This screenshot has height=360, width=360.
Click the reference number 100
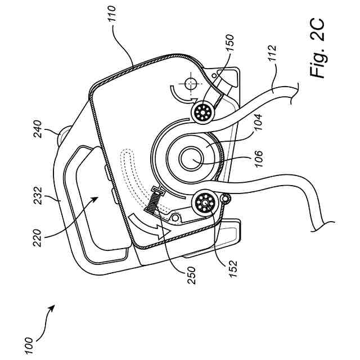tap(29, 346)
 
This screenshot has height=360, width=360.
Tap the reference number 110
tap(112, 14)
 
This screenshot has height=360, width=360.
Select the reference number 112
tap(272, 53)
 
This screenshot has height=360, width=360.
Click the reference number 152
tap(232, 269)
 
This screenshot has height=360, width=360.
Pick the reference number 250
tap(191, 275)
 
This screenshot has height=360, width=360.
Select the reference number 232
tap(37, 196)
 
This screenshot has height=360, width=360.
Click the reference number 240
tap(37, 129)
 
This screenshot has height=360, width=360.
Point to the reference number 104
tap(258, 122)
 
